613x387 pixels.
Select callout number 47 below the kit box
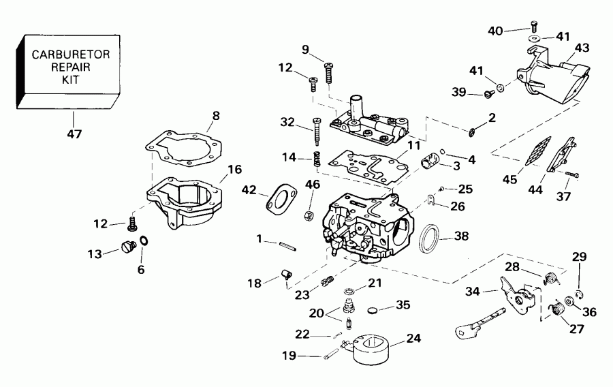[74, 134]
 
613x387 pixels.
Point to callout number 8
[215, 116]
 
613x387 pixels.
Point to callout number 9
[305, 49]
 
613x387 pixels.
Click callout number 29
[578, 257]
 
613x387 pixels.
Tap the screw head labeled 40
[534, 27]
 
